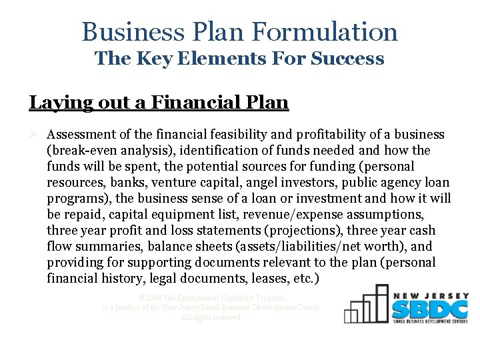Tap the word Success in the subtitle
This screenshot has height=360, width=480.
click(351, 59)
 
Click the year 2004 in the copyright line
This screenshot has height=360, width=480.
click(154, 298)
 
